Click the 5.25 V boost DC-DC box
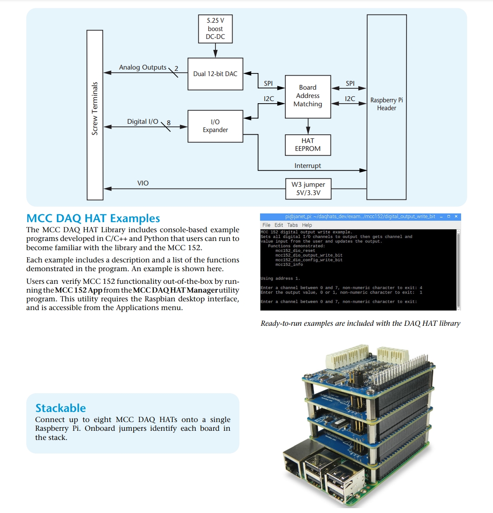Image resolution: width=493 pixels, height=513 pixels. tap(215, 29)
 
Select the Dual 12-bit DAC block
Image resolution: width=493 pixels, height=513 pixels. tap(215, 74)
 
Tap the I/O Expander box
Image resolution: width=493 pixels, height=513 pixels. tap(215, 126)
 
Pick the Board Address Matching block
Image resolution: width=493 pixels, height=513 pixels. tap(308, 97)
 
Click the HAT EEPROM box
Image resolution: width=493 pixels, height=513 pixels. tap(308, 145)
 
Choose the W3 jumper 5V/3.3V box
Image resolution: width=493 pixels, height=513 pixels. tap(308, 189)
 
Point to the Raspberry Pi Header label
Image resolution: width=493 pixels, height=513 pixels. tap(386, 104)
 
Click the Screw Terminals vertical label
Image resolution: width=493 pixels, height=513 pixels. tap(94, 108)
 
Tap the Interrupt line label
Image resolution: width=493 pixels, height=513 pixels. tap(308, 166)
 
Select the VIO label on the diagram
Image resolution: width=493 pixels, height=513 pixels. tap(143, 183)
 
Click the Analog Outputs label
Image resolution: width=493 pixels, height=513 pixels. tap(142, 67)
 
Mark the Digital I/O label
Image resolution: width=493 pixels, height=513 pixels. tap(142, 122)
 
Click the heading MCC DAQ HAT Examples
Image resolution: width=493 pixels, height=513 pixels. tap(93, 218)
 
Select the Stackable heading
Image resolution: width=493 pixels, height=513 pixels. tap(60, 408)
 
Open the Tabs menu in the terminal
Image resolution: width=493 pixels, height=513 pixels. tap(292, 225)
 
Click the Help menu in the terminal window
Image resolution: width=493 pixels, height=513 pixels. tap(307, 225)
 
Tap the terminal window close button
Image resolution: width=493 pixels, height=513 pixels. tap(456, 216)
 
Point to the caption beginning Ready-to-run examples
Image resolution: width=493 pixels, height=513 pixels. tap(360, 324)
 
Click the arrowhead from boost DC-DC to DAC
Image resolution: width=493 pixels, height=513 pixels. tap(215, 54)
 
